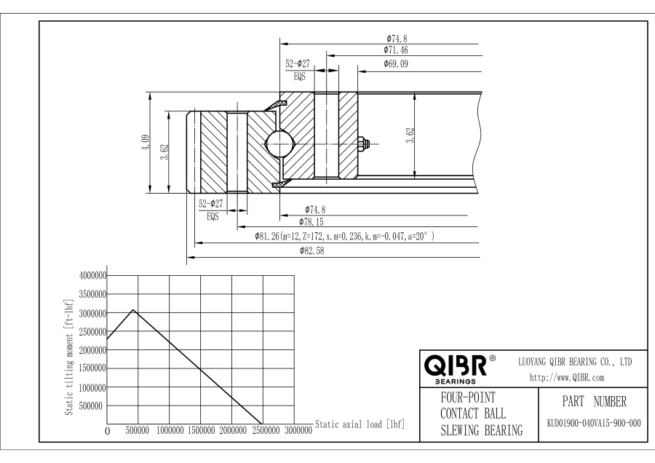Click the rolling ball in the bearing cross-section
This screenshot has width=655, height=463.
[280, 144]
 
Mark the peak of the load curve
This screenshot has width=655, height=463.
[132, 310]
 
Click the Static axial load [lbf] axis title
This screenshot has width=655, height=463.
[360, 424]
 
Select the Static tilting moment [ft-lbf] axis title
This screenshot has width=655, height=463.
[68, 356]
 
